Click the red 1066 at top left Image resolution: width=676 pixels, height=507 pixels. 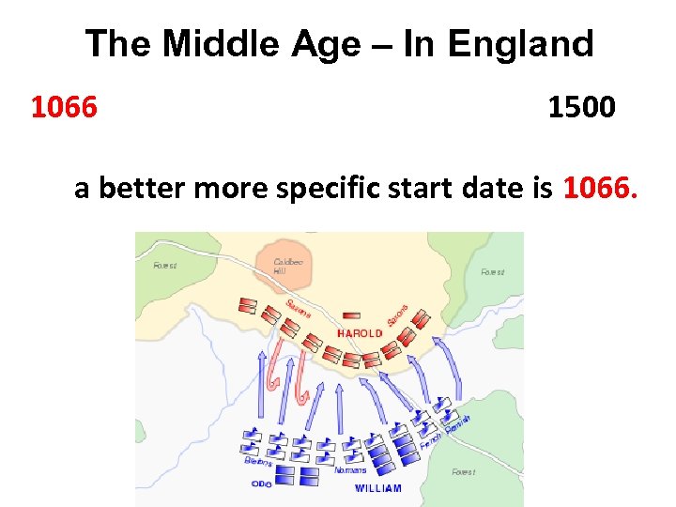point(64,108)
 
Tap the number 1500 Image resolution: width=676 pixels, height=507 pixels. point(581,108)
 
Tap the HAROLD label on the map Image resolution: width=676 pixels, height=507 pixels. point(360,333)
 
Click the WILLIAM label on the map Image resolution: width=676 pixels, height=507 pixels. point(378,487)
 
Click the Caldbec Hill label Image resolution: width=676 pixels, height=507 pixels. point(285,266)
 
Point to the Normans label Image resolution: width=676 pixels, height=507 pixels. point(351,470)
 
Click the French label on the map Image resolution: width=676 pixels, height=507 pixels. point(431,439)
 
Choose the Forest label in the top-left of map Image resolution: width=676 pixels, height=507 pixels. point(164,266)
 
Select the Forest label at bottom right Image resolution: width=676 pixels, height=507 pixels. point(463,471)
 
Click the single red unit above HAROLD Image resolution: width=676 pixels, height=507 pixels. point(352,315)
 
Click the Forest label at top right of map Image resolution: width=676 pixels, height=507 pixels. point(492,272)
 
